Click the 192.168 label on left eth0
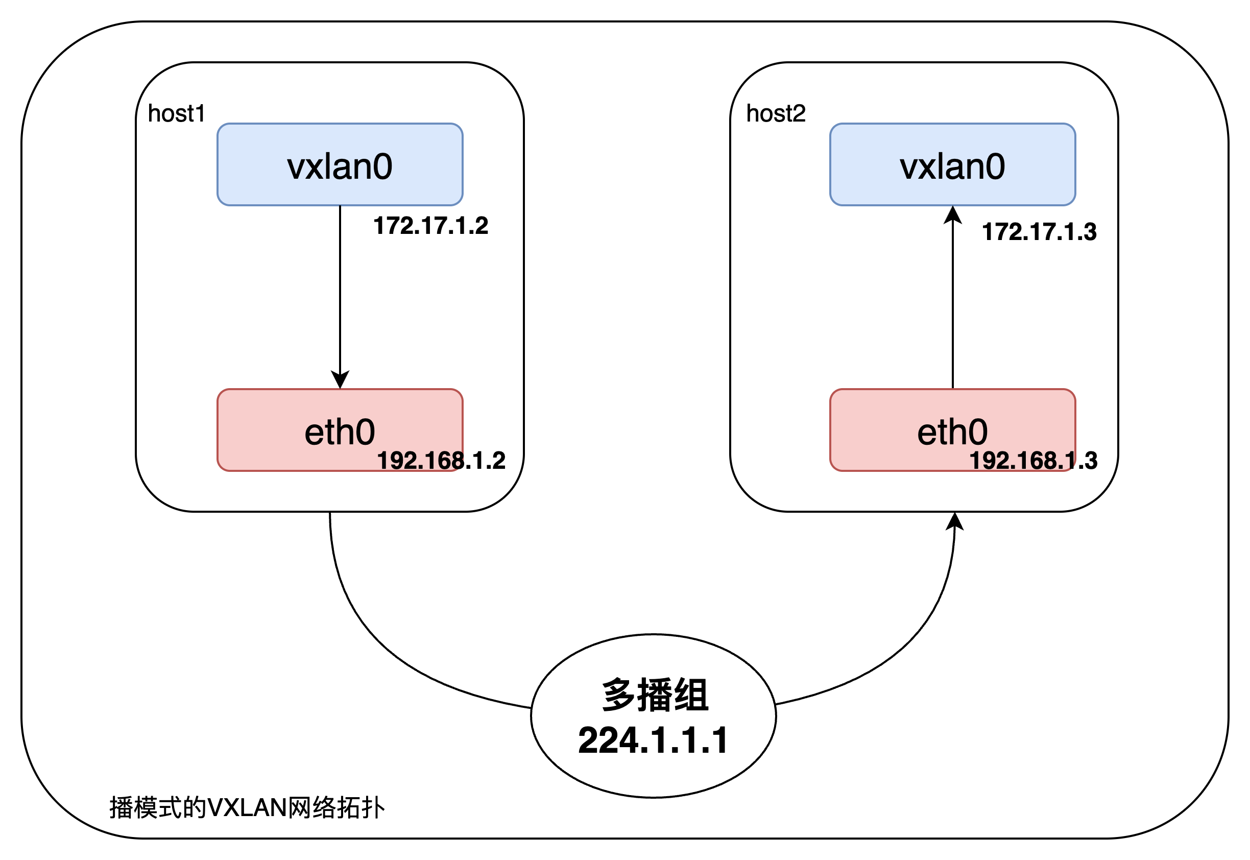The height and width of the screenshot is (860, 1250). pos(420,461)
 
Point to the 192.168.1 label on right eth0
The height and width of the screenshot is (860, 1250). pos(1022,461)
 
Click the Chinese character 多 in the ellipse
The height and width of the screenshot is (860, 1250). pos(618,695)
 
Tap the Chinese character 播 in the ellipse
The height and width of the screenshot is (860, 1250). pos(654,695)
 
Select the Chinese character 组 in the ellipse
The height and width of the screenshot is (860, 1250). pos(690,695)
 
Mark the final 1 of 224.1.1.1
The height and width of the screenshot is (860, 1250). pos(719,740)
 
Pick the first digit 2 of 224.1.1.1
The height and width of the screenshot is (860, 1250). pos(588,740)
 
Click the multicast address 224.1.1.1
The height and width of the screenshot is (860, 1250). pos(653,740)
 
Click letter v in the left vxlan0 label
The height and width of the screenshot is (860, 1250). pos(296,168)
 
